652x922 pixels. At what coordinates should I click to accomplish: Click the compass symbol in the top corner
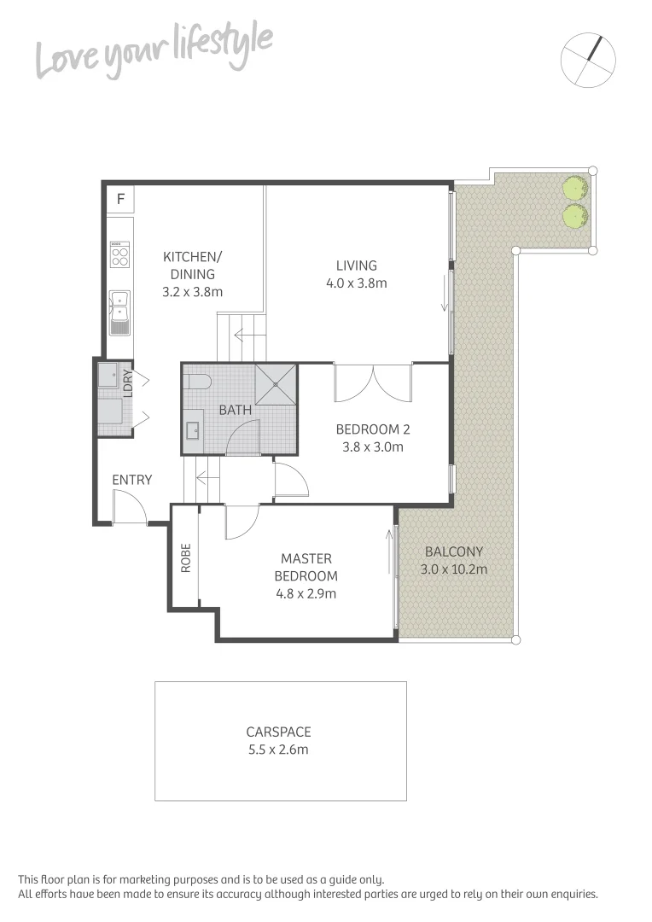pos(588,60)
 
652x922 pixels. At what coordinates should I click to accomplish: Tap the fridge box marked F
pos(120,200)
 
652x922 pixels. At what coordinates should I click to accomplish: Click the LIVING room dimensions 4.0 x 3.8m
pos(356,283)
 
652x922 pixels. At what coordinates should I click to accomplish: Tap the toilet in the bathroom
pos(195,381)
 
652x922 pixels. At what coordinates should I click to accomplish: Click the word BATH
pos(236,410)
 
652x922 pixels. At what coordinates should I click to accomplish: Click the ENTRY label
pos(132,480)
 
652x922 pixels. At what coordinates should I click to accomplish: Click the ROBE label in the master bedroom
pos(185,557)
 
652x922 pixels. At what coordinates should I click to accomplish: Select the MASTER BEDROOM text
pos(306,567)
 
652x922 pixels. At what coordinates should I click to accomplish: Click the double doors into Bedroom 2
pos(373,382)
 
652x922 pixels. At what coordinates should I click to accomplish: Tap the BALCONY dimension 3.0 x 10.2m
pos(453,569)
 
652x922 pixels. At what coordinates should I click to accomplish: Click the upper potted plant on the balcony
pos(574,188)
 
